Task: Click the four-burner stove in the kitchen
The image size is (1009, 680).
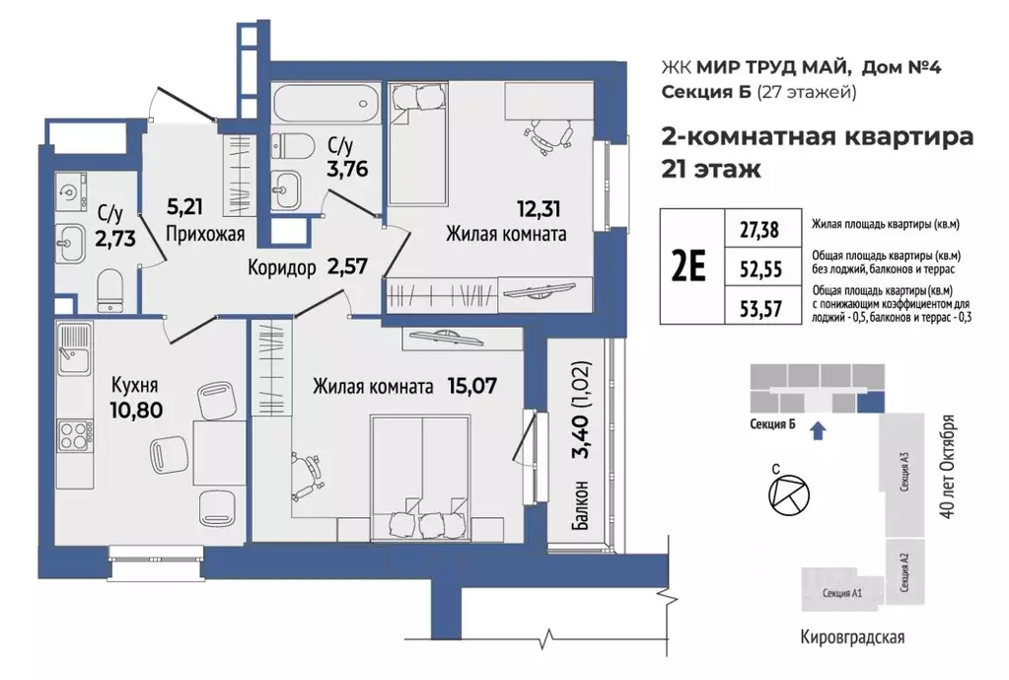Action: (x=73, y=434)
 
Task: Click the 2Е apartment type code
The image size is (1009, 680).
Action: (x=690, y=267)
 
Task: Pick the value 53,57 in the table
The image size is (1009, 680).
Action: (x=758, y=308)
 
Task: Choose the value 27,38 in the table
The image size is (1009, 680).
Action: (x=758, y=230)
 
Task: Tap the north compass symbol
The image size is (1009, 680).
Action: (x=785, y=491)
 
